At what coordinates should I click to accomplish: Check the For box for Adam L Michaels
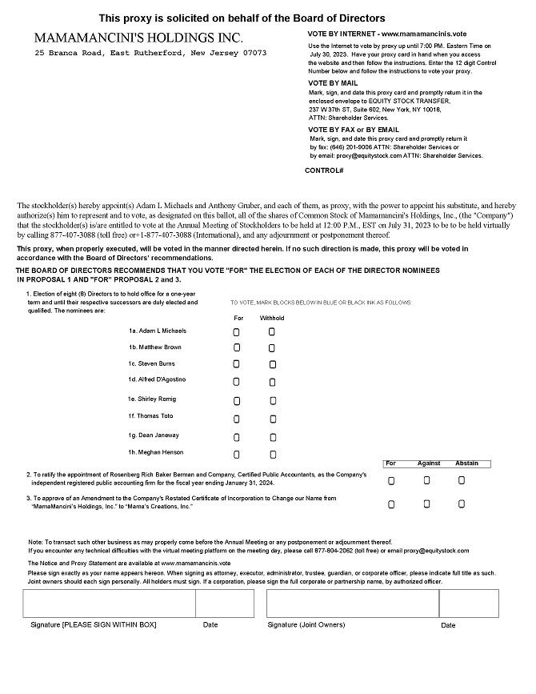[236, 331]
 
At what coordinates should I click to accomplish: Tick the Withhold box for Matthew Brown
[271, 348]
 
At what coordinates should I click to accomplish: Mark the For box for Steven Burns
[236, 364]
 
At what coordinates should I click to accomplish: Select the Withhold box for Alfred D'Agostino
[271, 383]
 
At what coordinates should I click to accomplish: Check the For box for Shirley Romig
[236, 400]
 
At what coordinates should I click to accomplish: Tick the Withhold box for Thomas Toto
[271, 419]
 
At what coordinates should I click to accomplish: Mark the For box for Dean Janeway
[236, 437]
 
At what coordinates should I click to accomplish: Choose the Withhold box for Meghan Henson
[271, 455]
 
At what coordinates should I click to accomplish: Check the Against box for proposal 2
[426, 480]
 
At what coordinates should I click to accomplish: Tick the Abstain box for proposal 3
[462, 504]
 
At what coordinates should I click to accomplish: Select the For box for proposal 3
[391, 505]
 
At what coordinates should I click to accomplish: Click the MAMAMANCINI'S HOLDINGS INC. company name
[139, 38]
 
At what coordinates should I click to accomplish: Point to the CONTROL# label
[324, 170]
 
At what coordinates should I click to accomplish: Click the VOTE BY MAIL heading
[334, 83]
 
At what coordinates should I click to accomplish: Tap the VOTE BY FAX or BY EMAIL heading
[353, 130]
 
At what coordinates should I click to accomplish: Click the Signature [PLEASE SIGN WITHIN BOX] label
[94, 624]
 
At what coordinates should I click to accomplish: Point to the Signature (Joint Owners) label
[301, 624]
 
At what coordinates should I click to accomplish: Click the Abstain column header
[466, 463]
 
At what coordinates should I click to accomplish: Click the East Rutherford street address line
[150, 53]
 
